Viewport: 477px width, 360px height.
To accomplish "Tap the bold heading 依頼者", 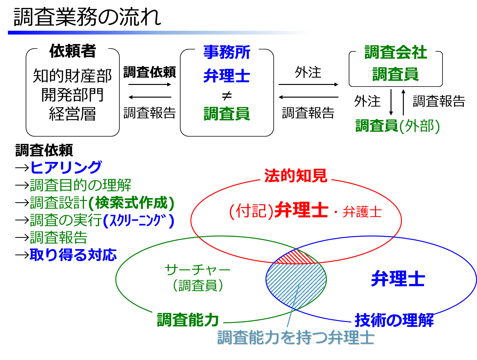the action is [73, 51].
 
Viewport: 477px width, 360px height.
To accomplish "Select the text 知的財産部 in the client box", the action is [72, 76].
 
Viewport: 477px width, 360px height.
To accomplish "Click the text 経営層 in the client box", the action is [72, 114].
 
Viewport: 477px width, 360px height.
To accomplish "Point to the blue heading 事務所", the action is [227, 52].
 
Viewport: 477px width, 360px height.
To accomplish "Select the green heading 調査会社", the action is [396, 52].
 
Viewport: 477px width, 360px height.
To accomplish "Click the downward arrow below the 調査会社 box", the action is [391, 102].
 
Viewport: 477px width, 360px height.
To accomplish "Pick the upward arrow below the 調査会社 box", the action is [403, 102].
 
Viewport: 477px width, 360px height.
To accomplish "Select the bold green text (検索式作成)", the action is [131, 203].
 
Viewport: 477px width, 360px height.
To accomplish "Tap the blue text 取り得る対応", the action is [73, 255].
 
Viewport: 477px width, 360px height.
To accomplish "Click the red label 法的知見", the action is [296, 176].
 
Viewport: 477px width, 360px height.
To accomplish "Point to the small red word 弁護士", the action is [362, 212].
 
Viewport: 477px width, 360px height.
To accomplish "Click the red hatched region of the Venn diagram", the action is [296, 258].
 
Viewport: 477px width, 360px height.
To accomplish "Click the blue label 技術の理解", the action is [394, 320].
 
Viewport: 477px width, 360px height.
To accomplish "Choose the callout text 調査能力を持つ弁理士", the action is [296, 337].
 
